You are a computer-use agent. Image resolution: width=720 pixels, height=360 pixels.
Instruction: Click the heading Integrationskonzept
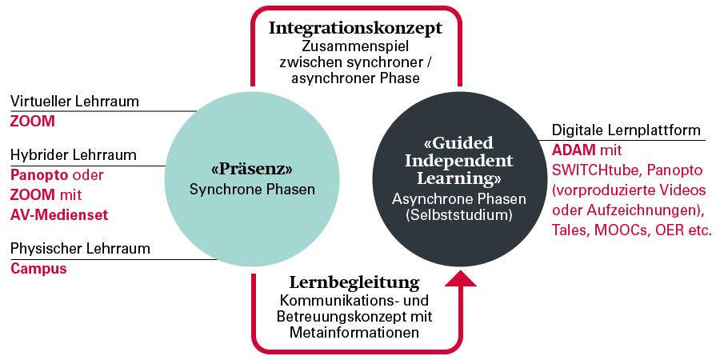[x=355, y=29]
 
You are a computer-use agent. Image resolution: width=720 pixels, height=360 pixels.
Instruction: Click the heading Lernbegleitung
[x=354, y=282]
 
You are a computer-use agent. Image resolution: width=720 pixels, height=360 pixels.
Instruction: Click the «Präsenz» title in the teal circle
[x=252, y=170]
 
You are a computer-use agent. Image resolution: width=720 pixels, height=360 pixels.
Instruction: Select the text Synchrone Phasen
[x=252, y=190]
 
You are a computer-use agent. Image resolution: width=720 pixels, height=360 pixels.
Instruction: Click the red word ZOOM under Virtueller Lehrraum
[x=32, y=122]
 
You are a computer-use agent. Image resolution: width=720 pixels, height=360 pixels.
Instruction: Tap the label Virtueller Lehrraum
[x=74, y=102]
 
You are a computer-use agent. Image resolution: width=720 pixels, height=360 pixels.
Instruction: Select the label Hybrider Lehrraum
[x=73, y=154]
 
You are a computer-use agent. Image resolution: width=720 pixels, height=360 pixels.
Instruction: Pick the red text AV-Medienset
[x=59, y=214]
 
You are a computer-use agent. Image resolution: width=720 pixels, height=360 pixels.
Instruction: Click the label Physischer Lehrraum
[x=80, y=249]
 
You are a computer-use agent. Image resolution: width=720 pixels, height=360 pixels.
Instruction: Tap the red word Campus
[x=38, y=269]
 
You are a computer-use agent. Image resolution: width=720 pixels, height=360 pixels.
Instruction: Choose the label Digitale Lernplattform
[x=626, y=130]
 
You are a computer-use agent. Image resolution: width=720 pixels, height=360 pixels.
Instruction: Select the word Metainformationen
[x=355, y=332]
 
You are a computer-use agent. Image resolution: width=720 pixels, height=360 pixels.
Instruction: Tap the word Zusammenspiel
[x=355, y=46]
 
